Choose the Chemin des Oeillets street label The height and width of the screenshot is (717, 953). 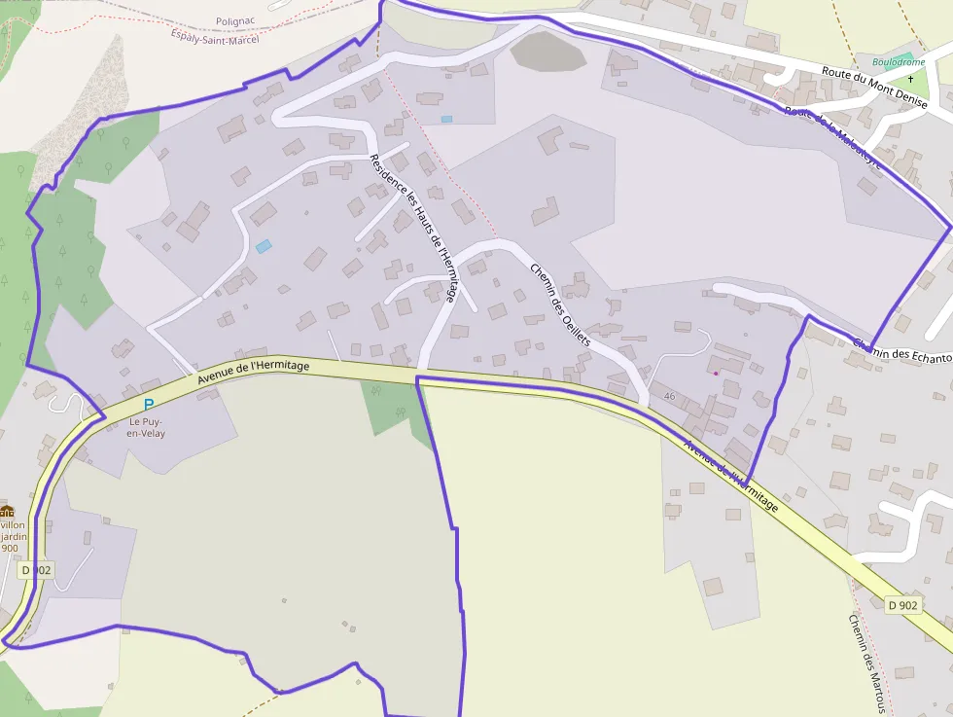(x=560, y=305)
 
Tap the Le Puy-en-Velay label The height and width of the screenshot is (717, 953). (x=147, y=427)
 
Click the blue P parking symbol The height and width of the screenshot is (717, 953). (x=148, y=405)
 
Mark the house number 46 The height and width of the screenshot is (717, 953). (x=669, y=396)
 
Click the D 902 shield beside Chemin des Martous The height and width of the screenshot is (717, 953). (x=902, y=605)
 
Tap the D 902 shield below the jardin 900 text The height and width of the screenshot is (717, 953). (x=34, y=570)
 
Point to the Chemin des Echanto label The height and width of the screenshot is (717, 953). (x=901, y=351)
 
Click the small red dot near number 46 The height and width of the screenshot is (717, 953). (x=716, y=373)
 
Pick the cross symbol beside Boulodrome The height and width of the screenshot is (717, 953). (x=911, y=78)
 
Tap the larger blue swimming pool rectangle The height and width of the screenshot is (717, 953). (x=263, y=246)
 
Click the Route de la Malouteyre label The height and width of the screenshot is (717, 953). (x=833, y=138)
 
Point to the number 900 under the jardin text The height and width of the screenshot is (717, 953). (x=10, y=548)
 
